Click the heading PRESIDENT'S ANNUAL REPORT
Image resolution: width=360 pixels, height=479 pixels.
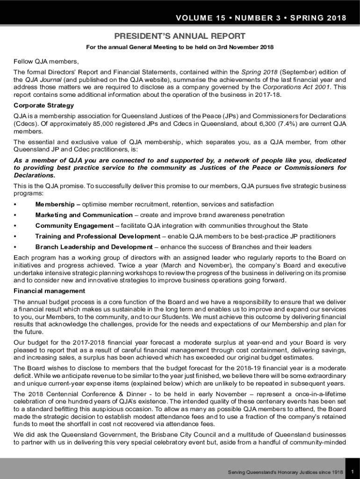click(180, 36)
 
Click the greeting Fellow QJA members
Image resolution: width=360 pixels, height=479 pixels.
click(40, 61)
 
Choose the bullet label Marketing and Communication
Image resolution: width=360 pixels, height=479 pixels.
click(84, 215)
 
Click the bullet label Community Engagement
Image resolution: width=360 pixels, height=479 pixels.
click(74, 226)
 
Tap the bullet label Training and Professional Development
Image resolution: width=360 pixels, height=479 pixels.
click(98, 237)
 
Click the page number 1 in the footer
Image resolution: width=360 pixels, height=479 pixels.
click(353, 472)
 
